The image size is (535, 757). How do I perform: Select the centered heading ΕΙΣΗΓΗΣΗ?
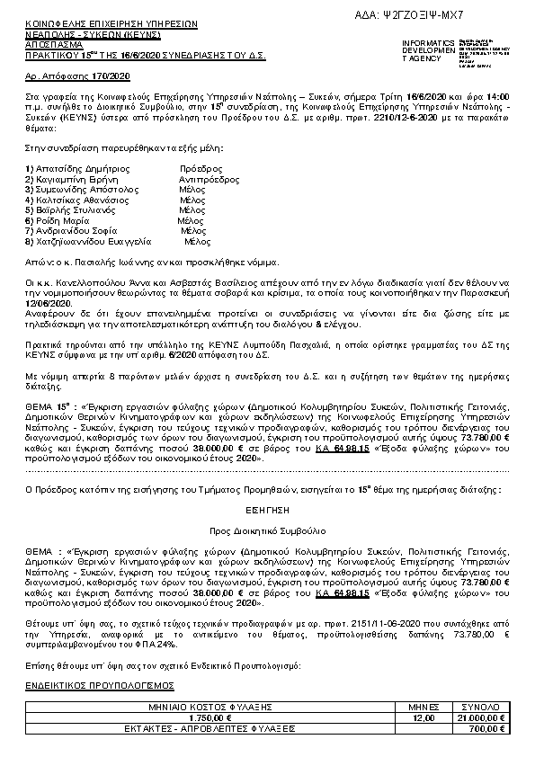click(x=267, y=508)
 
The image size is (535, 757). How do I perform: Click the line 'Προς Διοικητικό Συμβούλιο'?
click(x=267, y=530)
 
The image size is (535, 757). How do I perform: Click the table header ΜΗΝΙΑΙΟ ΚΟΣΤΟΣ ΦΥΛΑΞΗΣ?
click(x=203, y=708)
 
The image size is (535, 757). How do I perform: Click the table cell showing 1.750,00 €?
click(x=203, y=717)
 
